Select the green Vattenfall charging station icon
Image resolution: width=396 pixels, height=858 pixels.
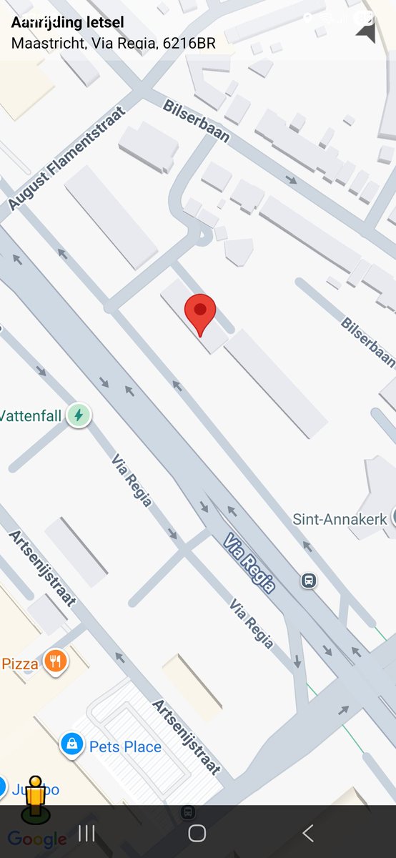coord(79,415)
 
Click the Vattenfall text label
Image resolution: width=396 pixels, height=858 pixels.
coord(31,415)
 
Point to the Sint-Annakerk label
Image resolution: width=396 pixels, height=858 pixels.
coord(340,518)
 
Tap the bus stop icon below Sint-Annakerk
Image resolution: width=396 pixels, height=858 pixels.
coord(309,580)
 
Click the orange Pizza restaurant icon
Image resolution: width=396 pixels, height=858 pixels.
coord(56,661)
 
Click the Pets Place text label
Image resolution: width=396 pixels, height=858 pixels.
coord(125,747)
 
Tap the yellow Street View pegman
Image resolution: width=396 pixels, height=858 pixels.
coord(35,797)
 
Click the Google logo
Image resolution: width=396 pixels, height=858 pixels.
coord(37,839)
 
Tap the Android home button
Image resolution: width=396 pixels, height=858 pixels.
coord(197,833)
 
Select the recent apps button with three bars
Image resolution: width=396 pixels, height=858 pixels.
coord(86,833)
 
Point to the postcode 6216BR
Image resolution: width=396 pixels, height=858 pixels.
coord(189,43)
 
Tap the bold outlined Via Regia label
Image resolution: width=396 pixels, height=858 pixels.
coord(249,563)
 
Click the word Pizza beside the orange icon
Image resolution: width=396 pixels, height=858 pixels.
coord(20,664)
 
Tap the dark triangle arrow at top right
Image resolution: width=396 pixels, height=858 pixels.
coord(365,31)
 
